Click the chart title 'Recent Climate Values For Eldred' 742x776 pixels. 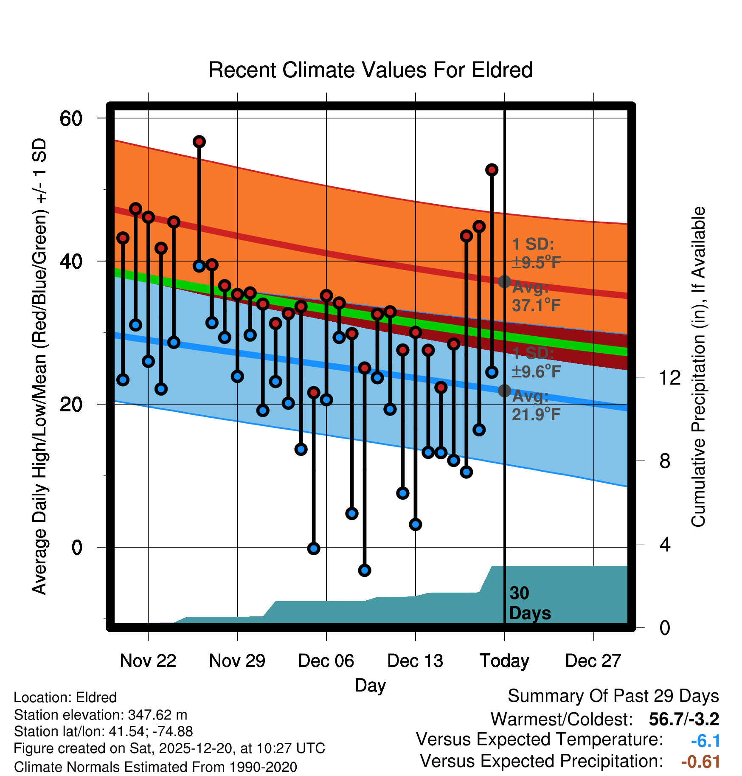coord(371,70)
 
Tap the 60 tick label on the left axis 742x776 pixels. coord(71,118)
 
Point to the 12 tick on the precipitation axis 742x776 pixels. coord(669,377)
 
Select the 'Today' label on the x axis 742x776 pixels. coord(504,661)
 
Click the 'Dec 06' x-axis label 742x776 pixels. coord(326,661)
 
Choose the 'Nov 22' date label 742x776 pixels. coord(148,661)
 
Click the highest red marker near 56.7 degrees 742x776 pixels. coord(199,142)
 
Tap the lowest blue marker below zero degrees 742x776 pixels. coord(364,570)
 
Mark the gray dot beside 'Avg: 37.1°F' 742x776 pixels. coord(504,281)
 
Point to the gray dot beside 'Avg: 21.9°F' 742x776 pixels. coord(504,391)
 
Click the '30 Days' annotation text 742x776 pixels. coord(529,603)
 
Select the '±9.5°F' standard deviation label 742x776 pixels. coord(536,263)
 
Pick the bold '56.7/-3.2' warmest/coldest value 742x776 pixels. coord(684,719)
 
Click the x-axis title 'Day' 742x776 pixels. coord(370,685)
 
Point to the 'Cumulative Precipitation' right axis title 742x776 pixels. coord(698,367)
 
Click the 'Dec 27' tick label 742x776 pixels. coord(593,661)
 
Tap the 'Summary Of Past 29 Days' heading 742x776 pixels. coord(613,696)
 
